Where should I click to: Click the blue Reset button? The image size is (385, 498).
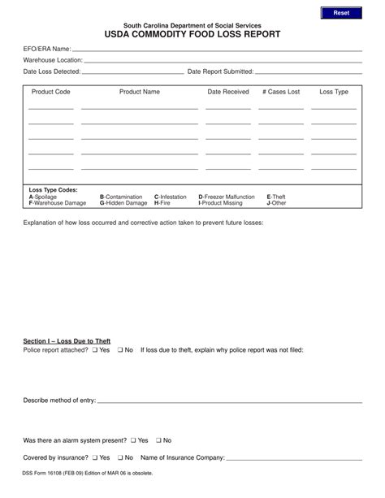341,14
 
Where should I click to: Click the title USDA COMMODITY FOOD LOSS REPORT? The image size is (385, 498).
192,36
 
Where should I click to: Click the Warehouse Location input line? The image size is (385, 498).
223,62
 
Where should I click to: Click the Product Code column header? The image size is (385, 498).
51,92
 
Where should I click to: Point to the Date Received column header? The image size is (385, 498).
228,92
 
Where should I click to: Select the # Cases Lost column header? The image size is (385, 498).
281,92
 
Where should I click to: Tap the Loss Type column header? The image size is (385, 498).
334,92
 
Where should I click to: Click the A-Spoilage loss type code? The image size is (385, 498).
44,197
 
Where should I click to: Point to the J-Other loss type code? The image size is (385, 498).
276,202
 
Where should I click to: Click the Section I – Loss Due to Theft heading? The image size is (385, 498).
67,340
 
